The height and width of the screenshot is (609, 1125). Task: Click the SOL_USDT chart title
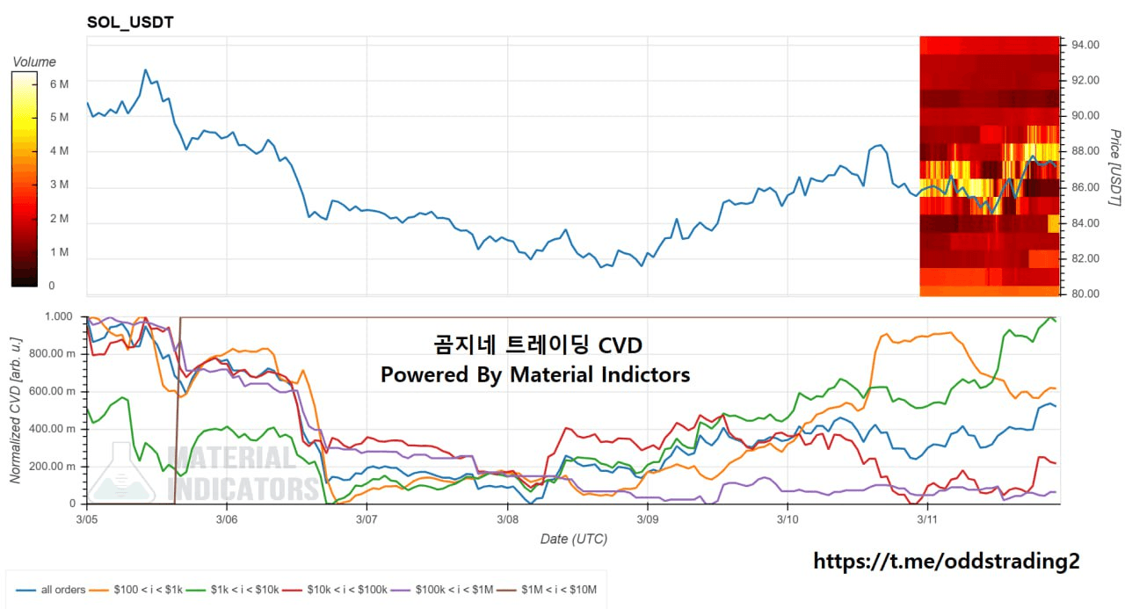click(130, 22)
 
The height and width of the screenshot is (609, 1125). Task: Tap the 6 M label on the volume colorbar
click(59, 84)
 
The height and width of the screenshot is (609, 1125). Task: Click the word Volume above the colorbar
click(34, 62)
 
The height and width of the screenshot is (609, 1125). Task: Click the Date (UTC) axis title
click(573, 538)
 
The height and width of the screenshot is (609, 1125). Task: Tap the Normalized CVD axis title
click(16, 410)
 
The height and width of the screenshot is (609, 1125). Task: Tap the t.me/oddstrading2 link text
click(946, 561)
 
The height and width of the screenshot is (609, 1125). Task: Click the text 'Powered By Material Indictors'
click(535, 374)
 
